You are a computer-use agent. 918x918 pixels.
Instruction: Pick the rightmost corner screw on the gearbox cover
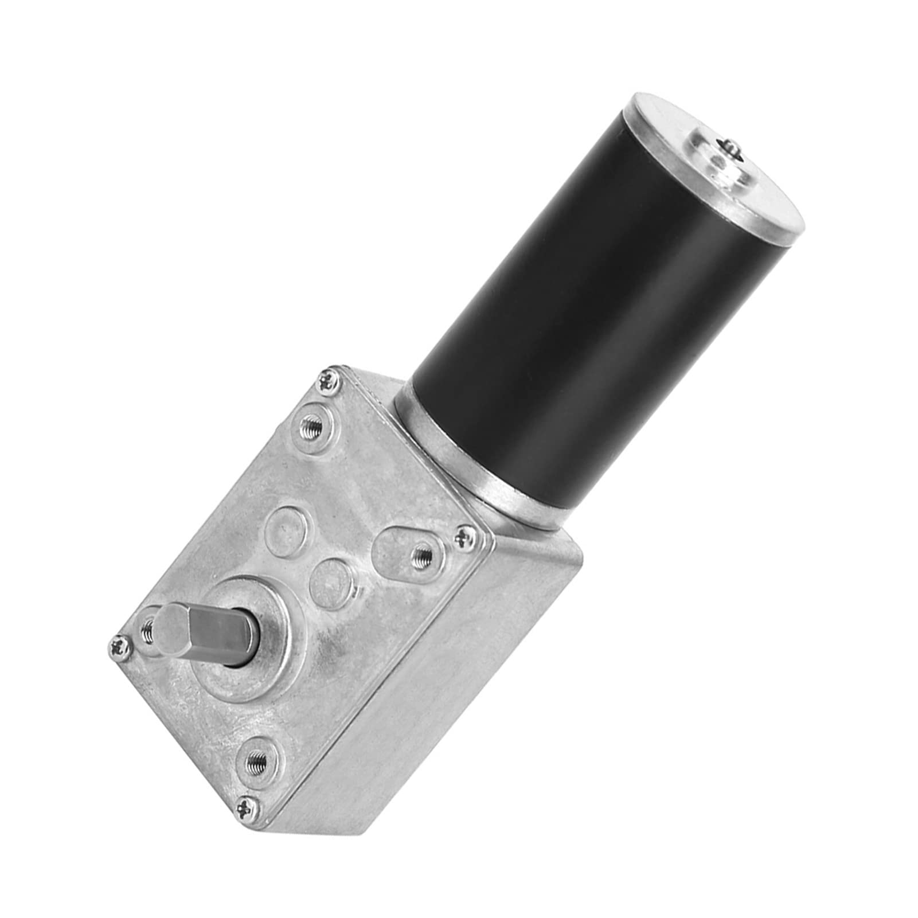464,537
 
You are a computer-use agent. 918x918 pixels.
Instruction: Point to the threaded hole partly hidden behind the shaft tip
147,630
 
